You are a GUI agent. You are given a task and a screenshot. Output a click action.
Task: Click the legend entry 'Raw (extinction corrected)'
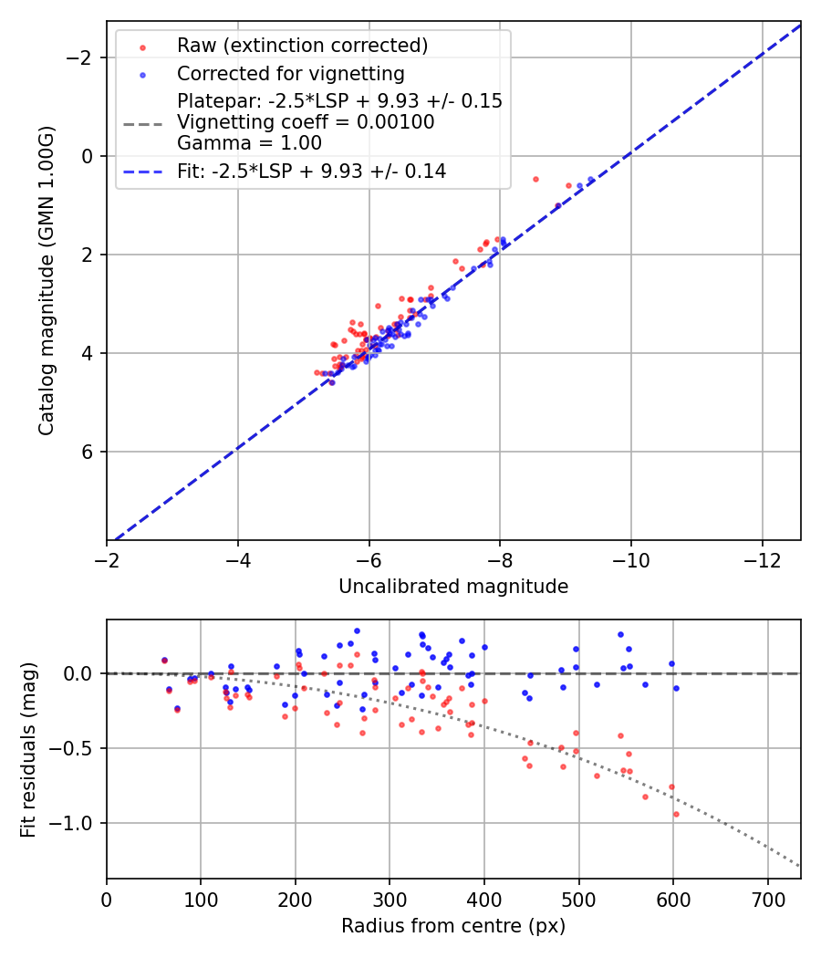[302, 46]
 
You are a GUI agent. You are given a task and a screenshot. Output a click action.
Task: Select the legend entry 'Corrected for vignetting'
[290, 73]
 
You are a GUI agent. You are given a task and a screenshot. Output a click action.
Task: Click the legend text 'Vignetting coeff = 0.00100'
[306, 122]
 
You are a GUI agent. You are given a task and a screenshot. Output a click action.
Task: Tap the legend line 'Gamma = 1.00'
[249, 143]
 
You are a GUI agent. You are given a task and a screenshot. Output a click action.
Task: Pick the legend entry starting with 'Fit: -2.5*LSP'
[311, 171]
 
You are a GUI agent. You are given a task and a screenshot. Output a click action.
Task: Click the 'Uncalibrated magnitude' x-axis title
[453, 587]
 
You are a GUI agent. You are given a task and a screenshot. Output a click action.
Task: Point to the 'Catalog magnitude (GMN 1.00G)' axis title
[47, 280]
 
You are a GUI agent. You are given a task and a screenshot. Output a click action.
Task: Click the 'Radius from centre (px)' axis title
[453, 926]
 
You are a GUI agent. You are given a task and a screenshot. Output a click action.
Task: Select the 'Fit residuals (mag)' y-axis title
[28, 748]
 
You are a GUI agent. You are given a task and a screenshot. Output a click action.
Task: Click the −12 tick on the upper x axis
[762, 560]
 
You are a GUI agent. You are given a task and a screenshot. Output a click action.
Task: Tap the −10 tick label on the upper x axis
[631, 560]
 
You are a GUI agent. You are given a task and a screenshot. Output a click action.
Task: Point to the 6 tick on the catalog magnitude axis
[88, 452]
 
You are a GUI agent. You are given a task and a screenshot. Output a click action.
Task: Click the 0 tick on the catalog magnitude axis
[88, 156]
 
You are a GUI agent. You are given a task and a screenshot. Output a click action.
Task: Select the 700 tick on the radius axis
[767, 898]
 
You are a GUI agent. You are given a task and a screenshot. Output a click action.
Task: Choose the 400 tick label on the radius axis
[484, 898]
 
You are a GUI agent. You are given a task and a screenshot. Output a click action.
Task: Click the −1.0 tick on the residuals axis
[75, 823]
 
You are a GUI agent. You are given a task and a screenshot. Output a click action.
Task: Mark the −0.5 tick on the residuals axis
[75, 748]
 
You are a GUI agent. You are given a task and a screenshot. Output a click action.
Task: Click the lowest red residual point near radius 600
[676, 814]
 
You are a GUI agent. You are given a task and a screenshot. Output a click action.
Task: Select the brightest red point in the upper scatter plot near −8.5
[535, 179]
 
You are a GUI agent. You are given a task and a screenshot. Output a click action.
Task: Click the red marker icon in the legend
[141, 46]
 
